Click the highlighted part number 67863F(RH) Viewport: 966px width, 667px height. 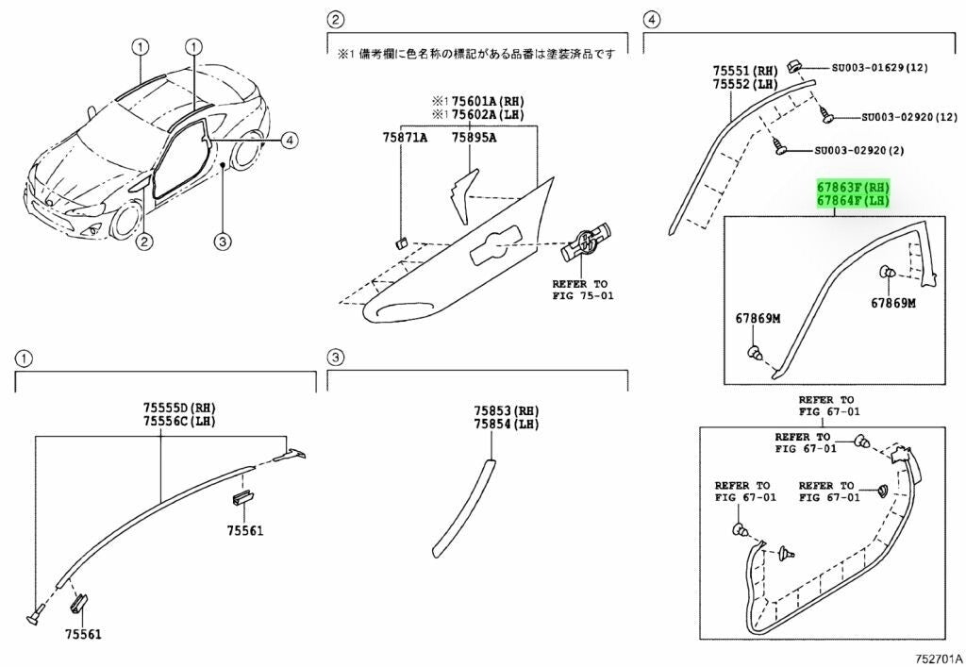(x=853, y=188)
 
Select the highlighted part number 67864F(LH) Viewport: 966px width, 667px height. (x=853, y=201)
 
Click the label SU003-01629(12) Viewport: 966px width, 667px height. (x=880, y=68)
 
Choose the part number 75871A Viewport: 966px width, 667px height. (x=405, y=138)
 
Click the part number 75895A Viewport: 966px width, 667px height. (x=474, y=138)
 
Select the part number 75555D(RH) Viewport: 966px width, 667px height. (x=179, y=407)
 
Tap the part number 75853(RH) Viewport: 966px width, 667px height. (x=506, y=411)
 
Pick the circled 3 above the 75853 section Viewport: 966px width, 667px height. (x=334, y=358)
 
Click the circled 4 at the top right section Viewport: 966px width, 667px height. (x=650, y=19)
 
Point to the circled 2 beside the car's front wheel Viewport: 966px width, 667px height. (x=143, y=242)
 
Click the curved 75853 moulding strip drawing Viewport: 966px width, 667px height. (x=463, y=506)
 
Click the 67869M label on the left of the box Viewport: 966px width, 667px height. (x=758, y=318)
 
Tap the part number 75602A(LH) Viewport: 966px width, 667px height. (x=489, y=114)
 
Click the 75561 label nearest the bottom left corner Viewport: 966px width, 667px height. (x=84, y=633)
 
